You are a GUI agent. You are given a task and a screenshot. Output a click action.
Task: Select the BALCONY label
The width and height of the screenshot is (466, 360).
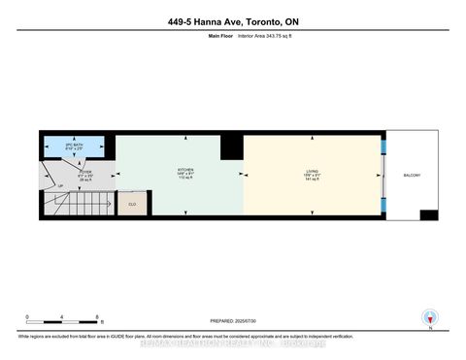click(412, 175)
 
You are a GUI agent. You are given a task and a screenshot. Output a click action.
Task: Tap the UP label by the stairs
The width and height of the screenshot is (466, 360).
click(61, 185)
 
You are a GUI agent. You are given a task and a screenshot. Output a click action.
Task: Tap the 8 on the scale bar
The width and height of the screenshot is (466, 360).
click(98, 317)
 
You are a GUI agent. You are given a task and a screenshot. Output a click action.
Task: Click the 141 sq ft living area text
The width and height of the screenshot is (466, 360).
click(312, 180)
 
